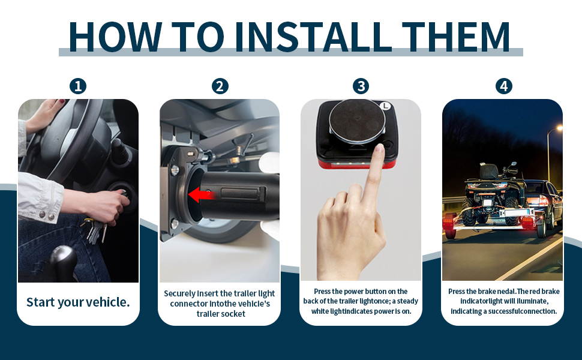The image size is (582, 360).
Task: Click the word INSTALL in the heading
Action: tap(313, 37)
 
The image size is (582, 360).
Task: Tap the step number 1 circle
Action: tap(78, 86)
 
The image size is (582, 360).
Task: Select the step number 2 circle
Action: tap(220, 86)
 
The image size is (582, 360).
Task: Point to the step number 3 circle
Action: tap(361, 86)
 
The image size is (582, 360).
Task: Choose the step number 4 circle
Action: tap(503, 86)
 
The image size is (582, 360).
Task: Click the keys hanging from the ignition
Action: tap(95, 230)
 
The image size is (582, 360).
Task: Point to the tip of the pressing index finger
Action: tap(379, 148)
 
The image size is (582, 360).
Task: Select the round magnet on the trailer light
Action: tap(356, 121)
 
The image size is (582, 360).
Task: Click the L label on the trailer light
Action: tap(386, 106)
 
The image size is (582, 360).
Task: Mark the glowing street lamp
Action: tap(559, 128)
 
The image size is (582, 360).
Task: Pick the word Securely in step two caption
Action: tap(179, 293)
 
